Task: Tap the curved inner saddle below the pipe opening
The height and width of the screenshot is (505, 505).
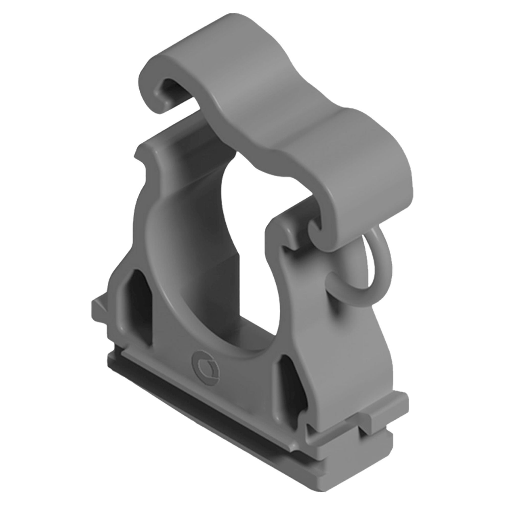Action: click(235, 340)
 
